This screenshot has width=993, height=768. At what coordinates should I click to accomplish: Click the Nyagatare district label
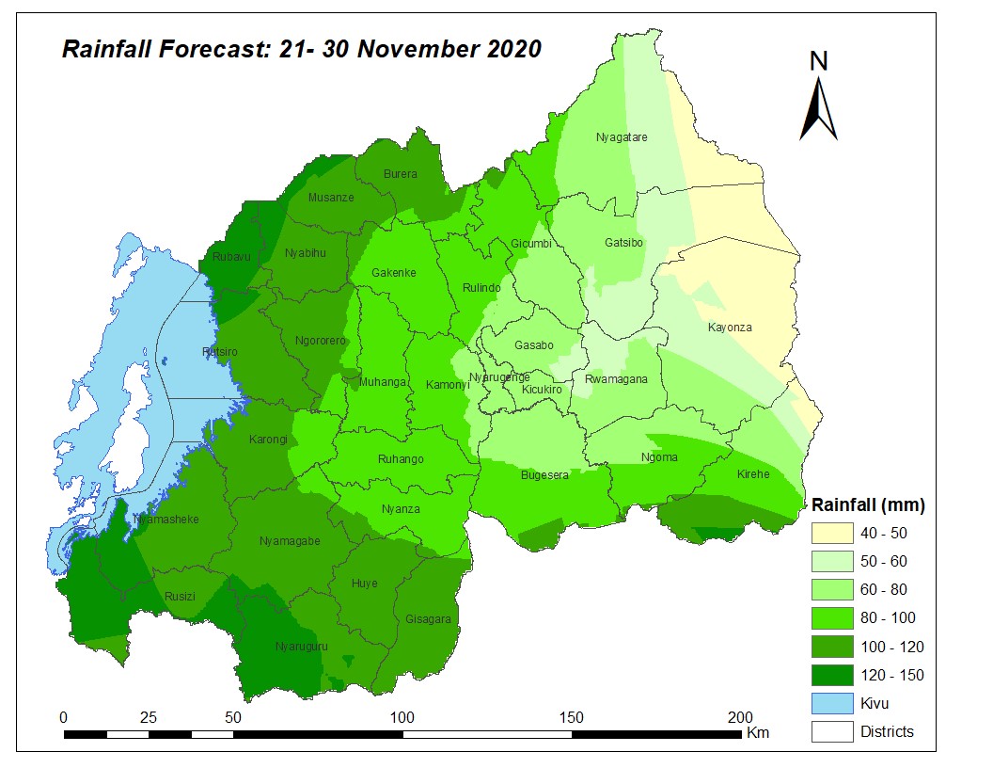pyautogui.click(x=622, y=137)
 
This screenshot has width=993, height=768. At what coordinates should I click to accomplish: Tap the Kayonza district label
pyautogui.click(x=730, y=328)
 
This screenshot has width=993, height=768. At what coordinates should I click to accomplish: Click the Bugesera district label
pyautogui.click(x=544, y=475)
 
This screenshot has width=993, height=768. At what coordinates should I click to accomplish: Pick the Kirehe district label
pyautogui.click(x=753, y=474)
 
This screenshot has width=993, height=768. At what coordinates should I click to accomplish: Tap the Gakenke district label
pyautogui.click(x=394, y=273)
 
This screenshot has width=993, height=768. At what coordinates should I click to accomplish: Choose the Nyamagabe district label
pyautogui.click(x=290, y=541)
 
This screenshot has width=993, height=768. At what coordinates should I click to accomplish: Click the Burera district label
pyautogui.click(x=400, y=174)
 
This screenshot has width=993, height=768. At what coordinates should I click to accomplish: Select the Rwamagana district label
pyautogui.click(x=616, y=379)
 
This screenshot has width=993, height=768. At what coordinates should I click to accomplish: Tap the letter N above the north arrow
pyautogui.click(x=819, y=61)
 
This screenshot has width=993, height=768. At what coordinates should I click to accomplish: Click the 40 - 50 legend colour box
pyautogui.click(x=832, y=534)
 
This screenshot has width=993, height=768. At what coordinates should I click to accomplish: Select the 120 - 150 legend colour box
pyautogui.click(x=832, y=675)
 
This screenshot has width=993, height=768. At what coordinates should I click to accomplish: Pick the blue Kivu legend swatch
pyautogui.click(x=832, y=703)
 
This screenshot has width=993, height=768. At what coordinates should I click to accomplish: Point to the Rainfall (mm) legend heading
pyautogui.click(x=868, y=505)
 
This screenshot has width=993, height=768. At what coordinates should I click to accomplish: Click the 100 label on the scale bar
pyautogui.click(x=402, y=716)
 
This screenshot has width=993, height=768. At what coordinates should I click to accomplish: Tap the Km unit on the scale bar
pyautogui.click(x=758, y=732)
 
